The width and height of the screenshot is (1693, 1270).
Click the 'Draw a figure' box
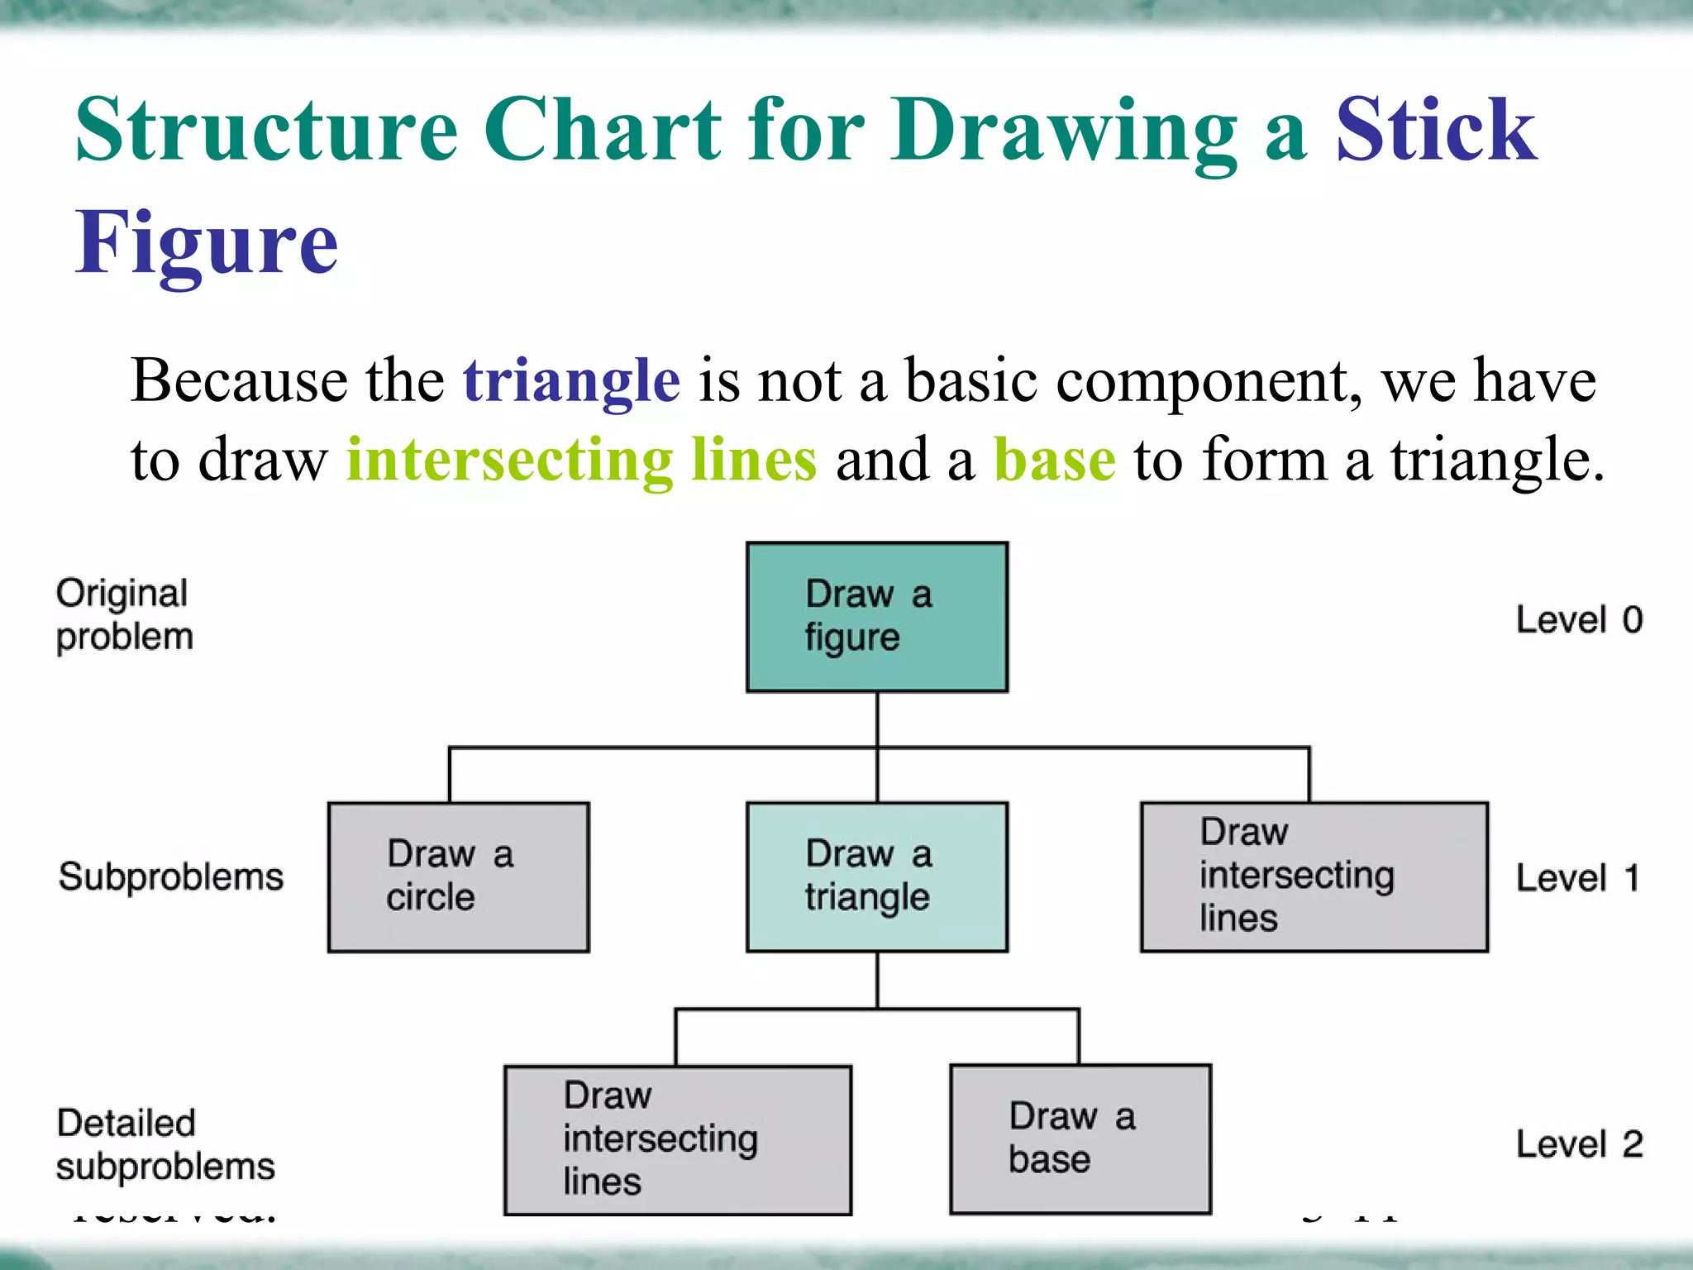click(x=877, y=617)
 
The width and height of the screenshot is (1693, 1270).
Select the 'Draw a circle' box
click(x=459, y=877)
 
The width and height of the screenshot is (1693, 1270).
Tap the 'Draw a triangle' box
click(x=877, y=877)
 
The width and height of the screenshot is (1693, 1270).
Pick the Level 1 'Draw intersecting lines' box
click(x=1314, y=877)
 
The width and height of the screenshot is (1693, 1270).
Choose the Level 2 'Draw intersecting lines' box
click(x=678, y=1140)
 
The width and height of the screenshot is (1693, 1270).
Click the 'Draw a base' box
click(x=1080, y=1139)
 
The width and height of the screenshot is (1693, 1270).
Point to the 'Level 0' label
click(x=1579, y=620)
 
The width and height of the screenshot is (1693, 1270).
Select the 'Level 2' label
click(x=1579, y=1144)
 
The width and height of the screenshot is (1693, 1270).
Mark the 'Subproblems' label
click(x=171, y=877)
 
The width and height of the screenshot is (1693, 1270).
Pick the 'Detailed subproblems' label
click(x=165, y=1145)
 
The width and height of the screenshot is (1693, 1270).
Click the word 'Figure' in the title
click(x=207, y=243)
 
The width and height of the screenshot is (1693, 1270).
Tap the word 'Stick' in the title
click(x=1436, y=130)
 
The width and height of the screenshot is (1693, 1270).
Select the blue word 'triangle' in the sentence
click(x=571, y=380)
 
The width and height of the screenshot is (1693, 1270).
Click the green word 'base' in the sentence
click(x=1054, y=460)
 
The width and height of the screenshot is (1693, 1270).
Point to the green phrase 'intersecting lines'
click(x=581, y=460)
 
